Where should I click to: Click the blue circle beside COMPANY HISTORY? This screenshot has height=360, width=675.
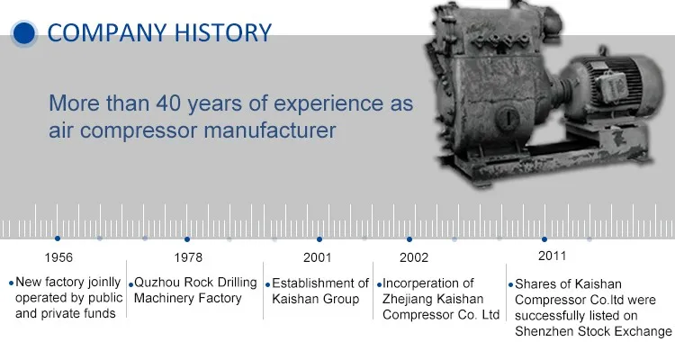click(23, 33)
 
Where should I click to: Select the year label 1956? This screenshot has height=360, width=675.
click(58, 257)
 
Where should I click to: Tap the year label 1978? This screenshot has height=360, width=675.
click(188, 257)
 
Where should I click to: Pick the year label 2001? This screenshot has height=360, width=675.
click(318, 257)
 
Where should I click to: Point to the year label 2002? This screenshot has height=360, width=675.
click(414, 257)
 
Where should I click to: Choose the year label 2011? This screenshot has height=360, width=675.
click(553, 256)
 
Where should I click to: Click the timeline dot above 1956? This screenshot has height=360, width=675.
click(58, 238)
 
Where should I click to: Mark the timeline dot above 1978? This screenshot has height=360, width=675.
click(187, 239)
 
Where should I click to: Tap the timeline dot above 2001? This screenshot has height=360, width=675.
click(319, 239)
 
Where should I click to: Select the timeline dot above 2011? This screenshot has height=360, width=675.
click(544, 239)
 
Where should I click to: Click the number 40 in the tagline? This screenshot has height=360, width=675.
click(168, 103)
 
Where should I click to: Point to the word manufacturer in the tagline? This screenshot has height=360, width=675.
click(270, 130)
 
